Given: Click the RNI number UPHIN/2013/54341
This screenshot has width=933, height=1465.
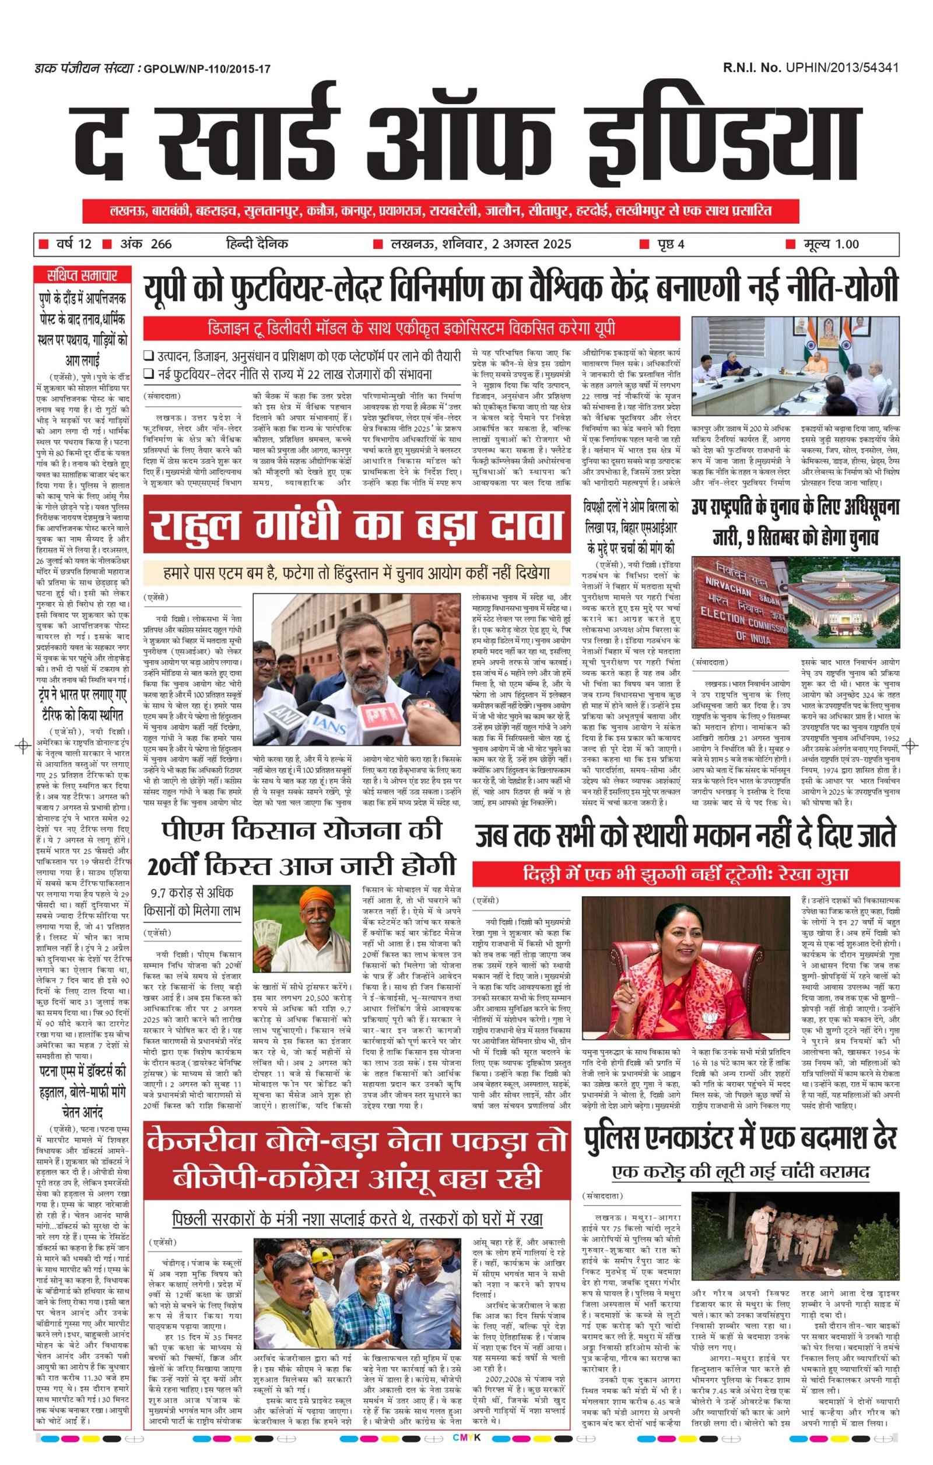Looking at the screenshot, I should tap(841, 68).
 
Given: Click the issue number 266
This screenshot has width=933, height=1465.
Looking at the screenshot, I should tap(161, 244).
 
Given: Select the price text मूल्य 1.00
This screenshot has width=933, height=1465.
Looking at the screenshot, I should tap(830, 244).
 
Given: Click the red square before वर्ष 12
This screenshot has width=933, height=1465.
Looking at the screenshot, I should tap(43, 245).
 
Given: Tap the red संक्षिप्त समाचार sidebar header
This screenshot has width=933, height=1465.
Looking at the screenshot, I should tap(82, 275).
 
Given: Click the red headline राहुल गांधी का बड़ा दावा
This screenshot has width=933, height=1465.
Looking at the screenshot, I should tap(357, 524).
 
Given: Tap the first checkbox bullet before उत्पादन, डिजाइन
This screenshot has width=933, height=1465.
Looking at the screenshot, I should tap(148, 357).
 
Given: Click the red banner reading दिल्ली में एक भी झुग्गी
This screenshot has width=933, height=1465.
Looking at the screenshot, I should tap(686, 874).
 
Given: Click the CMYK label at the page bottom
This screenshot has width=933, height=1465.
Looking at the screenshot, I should tap(466, 1450).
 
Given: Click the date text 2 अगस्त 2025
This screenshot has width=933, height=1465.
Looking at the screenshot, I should tap(532, 244).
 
